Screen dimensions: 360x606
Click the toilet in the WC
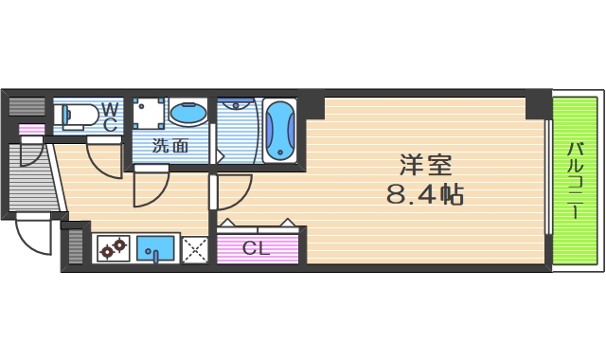coord(78,117)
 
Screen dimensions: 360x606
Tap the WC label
coord(109,117)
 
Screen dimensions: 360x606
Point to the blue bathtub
coord(280,130)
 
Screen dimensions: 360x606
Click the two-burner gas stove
coord(114,249)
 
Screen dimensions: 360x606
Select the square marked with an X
coord(195,249)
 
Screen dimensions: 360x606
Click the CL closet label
coord(256,249)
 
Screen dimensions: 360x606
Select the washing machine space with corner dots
coord(149,114)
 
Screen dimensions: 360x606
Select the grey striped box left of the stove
coord(76,248)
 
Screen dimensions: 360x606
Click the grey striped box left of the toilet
coord(28,106)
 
